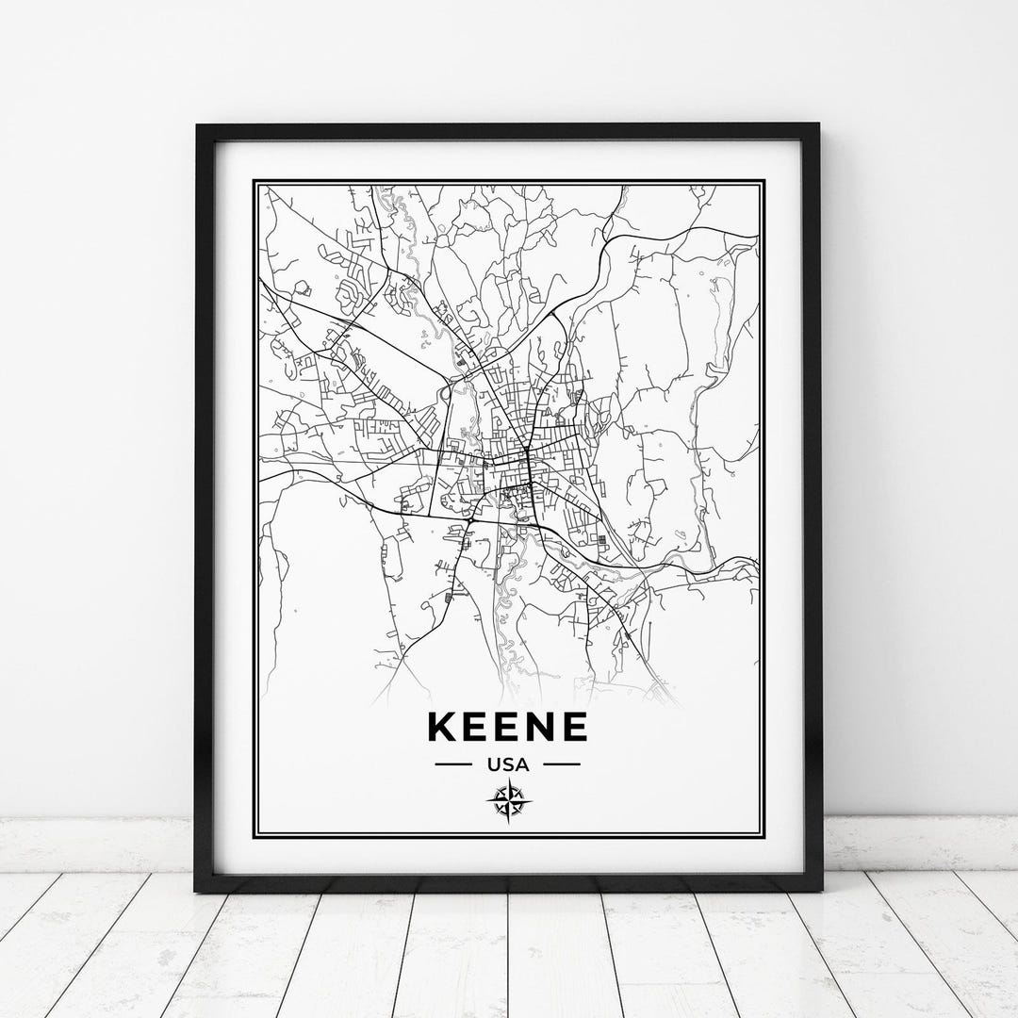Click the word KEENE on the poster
[x=508, y=727]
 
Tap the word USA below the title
[x=509, y=764]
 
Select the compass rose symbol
[x=509, y=802]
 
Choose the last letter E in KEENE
[x=574, y=727]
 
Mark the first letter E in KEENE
[x=478, y=727]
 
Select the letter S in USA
[x=509, y=764]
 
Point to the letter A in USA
[x=523, y=764]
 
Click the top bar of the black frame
[x=509, y=132]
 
